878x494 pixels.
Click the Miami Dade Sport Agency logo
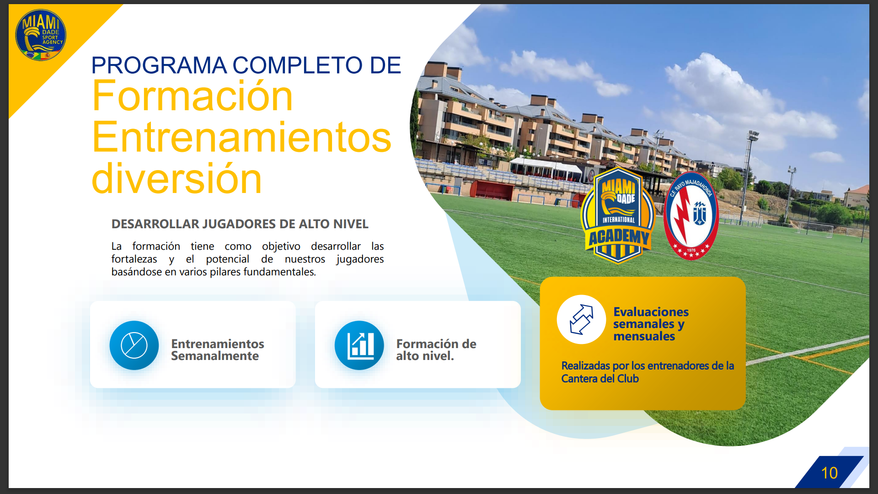pyautogui.click(x=41, y=35)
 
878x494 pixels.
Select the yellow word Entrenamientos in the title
pyautogui.click(x=241, y=137)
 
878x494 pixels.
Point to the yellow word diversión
pyautogui.click(x=177, y=178)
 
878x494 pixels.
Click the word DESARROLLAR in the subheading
pyautogui.click(x=155, y=224)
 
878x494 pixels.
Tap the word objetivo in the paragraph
pyautogui.click(x=281, y=247)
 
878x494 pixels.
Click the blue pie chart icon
pyautogui.click(x=134, y=345)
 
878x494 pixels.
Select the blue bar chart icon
pyautogui.click(x=359, y=345)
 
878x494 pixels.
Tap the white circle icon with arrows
pyautogui.click(x=581, y=319)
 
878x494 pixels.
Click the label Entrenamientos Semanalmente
pyautogui.click(x=217, y=350)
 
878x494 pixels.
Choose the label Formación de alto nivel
pyautogui.click(x=436, y=350)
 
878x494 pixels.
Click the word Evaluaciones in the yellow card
pyautogui.click(x=651, y=312)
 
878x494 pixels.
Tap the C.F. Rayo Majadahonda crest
pyautogui.click(x=691, y=215)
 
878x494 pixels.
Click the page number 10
pyautogui.click(x=829, y=473)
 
